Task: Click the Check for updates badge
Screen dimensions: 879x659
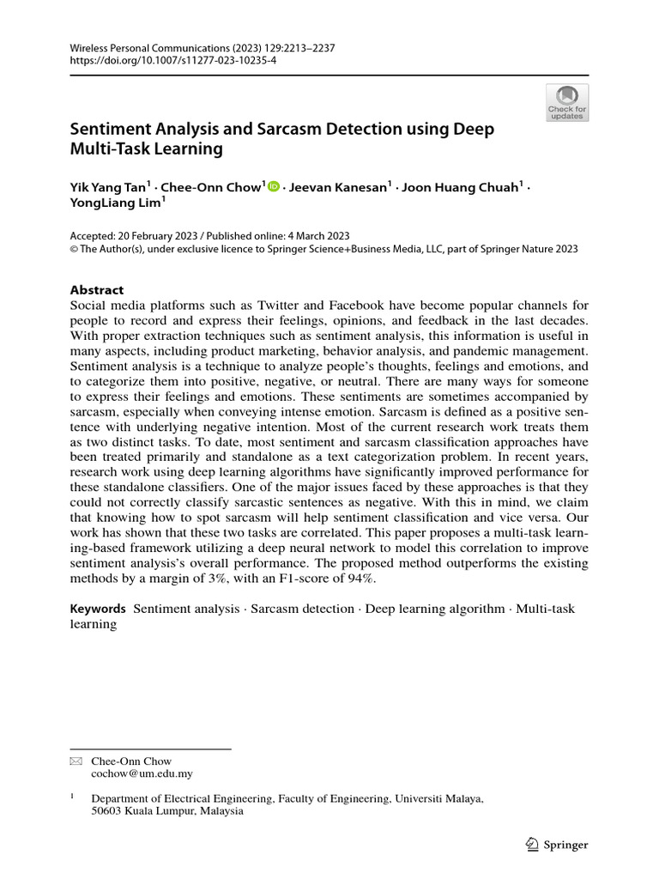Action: click(567, 102)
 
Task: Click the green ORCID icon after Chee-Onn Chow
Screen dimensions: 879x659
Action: click(274, 186)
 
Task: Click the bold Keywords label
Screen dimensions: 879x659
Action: click(98, 609)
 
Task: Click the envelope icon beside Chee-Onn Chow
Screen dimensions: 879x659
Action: click(74, 761)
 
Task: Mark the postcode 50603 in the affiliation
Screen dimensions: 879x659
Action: click(108, 811)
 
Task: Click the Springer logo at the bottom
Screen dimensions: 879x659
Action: click(555, 845)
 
